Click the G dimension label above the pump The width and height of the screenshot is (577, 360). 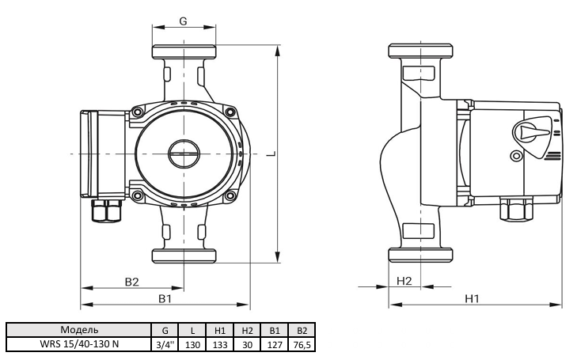pyautogui.click(x=183, y=21)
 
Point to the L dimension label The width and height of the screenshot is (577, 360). pyautogui.click(x=271, y=154)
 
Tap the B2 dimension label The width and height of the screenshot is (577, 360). pyautogui.click(x=131, y=282)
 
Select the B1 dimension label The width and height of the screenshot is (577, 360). pyautogui.click(x=165, y=298)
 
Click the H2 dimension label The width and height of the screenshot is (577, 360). pyautogui.click(x=404, y=281)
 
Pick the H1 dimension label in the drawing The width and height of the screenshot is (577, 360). pyautogui.click(x=472, y=298)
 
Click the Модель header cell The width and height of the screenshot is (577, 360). pyautogui.click(x=79, y=329)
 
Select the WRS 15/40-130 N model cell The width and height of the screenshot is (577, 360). pyautogui.click(x=79, y=344)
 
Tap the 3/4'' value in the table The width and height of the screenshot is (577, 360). pyautogui.click(x=165, y=344)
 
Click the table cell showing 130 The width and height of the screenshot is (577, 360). pyautogui.click(x=192, y=344)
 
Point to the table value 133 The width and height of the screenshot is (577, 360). pyautogui.click(x=220, y=344)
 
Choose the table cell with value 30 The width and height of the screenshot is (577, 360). pyautogui.click(x=247, y=344)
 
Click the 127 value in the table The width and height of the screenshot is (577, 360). pyautogui.click(x=275, y=344)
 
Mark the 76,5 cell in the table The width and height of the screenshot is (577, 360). pyautogui.click(x=302, y=344)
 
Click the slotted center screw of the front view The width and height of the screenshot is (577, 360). pyautogui.click(x=184, y=153)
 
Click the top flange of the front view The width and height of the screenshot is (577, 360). pyautogui.click(x=184, y=51)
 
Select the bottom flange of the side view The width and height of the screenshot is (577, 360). pyautogui.click(x=420, y=255)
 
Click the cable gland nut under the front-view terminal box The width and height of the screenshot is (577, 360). pyautogui.click(x=107, y=210)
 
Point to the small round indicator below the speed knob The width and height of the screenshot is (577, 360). pyautogui.click(x=517, y=156)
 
